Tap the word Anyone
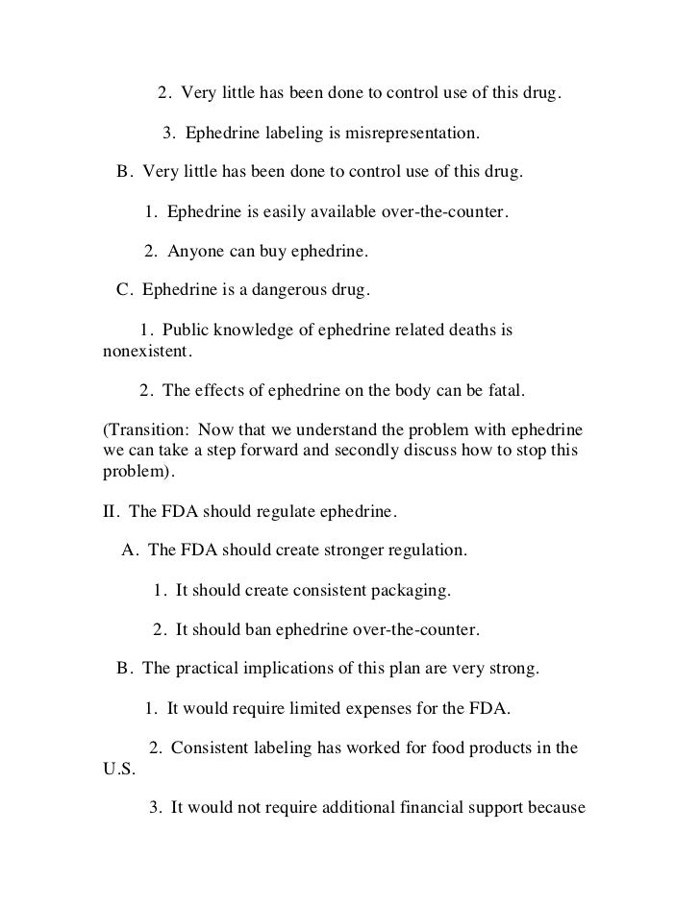[196, 253]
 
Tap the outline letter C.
[122, 289]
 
